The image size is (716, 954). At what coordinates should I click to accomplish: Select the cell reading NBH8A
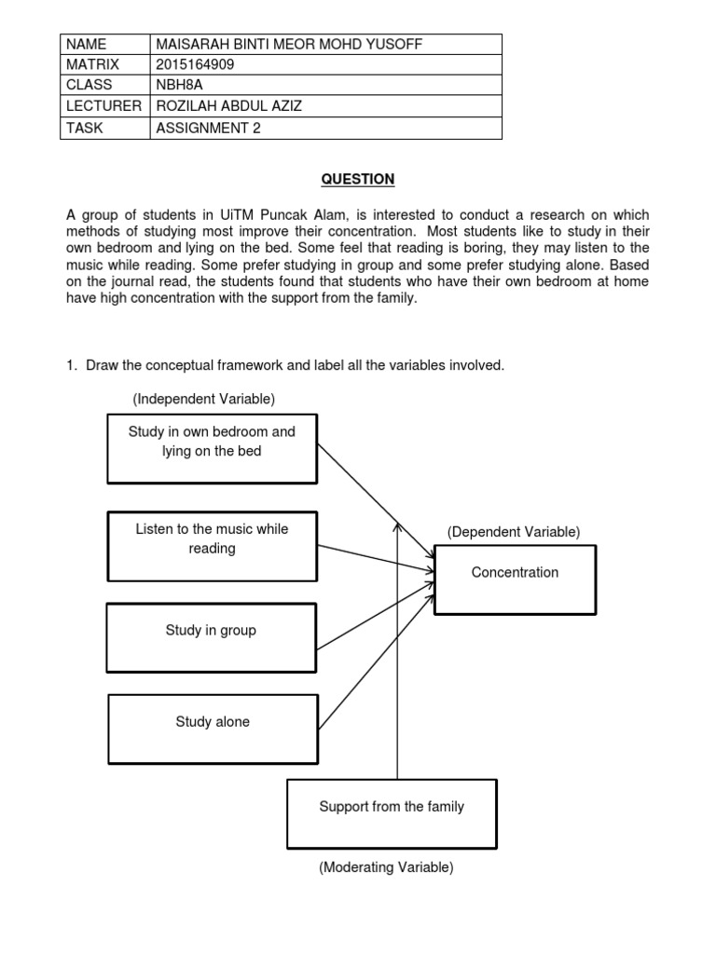coord(180,86)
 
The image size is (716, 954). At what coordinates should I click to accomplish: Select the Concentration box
coord(515,579)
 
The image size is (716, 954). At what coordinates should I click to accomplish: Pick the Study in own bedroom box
coord(212,448)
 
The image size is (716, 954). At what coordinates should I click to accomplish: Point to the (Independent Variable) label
coord(203,399)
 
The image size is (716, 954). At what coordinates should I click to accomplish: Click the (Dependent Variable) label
coord(513,532)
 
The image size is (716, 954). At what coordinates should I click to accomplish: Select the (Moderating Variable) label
coord(386,867)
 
